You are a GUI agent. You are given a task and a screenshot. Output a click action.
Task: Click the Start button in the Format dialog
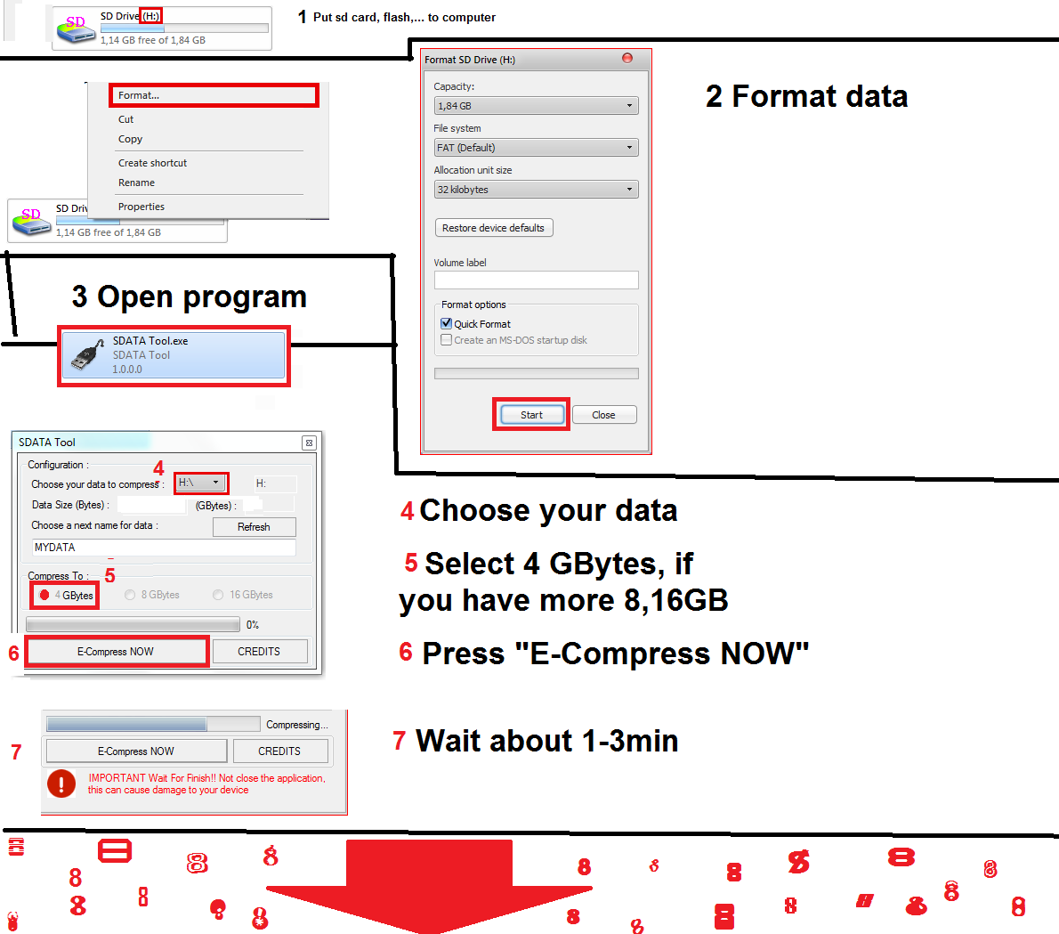coord(531,415)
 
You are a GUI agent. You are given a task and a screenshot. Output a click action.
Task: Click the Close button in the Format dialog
coord(603,415)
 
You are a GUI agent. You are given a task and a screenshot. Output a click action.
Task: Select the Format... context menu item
coord(139,95)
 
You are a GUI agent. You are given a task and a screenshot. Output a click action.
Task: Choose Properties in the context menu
coord(141,207)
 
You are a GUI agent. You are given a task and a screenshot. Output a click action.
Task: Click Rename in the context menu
coord(136,183)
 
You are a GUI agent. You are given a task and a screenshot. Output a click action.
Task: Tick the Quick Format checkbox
coord(447,324)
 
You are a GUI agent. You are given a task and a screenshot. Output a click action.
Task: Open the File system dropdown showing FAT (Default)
coord(536,148)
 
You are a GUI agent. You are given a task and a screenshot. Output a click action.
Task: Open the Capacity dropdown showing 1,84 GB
coord(536,106)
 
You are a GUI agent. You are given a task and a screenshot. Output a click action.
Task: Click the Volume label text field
coord(536,280)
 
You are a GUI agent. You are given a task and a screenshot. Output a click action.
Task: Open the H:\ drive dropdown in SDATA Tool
coord(201,483)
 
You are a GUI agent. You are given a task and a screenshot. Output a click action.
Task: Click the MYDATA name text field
coord(164,548)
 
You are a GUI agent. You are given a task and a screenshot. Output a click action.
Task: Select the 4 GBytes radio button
coord(44,595)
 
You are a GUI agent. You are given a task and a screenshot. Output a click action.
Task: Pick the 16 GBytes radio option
coord(218,595)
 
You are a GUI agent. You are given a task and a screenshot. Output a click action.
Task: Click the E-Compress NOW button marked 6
coord(116,652)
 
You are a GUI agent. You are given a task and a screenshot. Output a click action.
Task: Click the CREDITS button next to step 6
coord(259,652)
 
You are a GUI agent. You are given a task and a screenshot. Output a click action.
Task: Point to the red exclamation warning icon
coord(61,784)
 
